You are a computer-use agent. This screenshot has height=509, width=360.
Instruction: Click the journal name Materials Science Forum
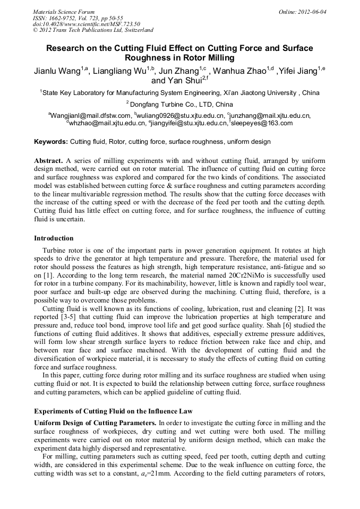click(x=64, y=12)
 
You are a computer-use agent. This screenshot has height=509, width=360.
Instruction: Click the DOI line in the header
click(x=86, y=24)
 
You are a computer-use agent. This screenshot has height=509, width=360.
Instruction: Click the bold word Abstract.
click(x=48, y=160)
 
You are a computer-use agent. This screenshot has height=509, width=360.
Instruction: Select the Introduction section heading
click(x=54, y=238)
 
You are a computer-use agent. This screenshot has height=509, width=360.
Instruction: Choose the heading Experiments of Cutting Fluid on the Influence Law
click(x=113, y=411)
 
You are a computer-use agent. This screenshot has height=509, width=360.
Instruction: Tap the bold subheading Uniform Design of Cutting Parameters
click(x=95, y=422)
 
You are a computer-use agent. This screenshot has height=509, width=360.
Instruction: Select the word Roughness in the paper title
click(x=151, y=58)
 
